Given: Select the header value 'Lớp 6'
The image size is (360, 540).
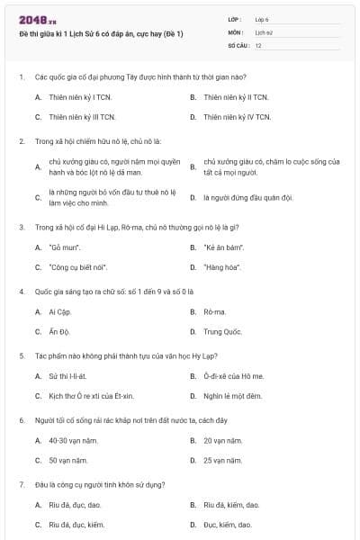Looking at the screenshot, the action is click(262, 19).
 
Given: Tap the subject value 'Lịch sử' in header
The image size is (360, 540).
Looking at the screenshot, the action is click(263, 31).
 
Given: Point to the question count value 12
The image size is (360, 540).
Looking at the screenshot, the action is click(258, 45).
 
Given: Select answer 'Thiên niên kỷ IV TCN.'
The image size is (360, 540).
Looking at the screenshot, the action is click(236, 117).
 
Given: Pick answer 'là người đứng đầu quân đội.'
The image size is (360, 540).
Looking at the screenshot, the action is click(247, 197).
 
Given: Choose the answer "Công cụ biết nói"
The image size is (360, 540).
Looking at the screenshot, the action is click(78, 267).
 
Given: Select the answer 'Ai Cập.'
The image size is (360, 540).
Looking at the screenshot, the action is click(60, 311).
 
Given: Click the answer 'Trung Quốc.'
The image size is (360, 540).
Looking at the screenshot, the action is click(223, 331).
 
